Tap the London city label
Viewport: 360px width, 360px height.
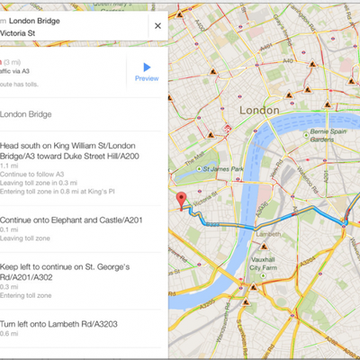point(259,108)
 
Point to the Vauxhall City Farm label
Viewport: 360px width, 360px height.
point(263,264)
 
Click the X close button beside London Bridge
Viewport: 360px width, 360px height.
point(157,25)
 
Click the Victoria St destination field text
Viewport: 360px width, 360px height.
point(18,32)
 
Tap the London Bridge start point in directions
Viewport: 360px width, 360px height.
point(27,114)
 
